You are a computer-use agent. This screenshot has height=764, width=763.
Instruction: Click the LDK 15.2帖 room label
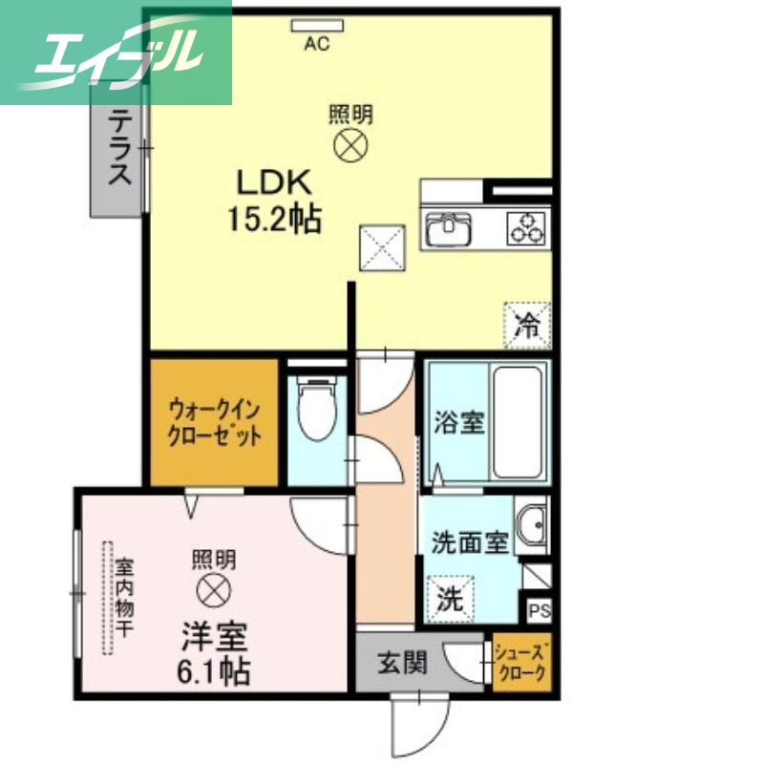[273, 201]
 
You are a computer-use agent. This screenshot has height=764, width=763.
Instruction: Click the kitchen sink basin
[448, 229]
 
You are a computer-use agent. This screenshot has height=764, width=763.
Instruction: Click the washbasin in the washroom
[531, 526]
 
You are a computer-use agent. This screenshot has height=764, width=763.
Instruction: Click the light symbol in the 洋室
[212, 589]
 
